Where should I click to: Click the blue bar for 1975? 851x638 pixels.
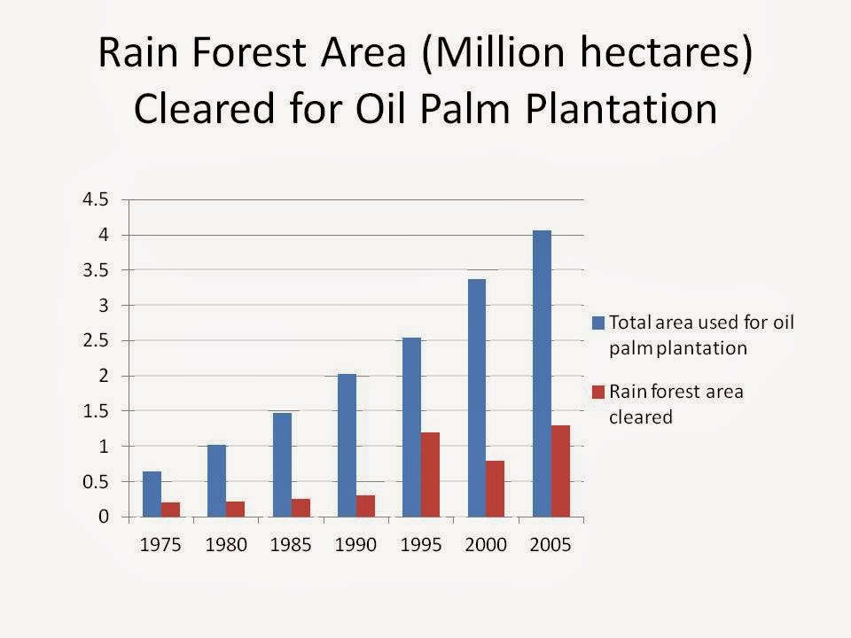(152, 494)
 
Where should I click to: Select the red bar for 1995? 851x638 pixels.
(430, 475)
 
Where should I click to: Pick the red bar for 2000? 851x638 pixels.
(495, 489)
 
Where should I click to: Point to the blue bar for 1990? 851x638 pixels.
(347, 446)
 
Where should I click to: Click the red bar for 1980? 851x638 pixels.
(235, 509)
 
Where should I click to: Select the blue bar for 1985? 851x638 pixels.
(282, 465)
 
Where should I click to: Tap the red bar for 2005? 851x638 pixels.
(560, 471)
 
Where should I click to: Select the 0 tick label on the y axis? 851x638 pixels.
(104, 517)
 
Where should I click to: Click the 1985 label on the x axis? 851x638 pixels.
(292, 545)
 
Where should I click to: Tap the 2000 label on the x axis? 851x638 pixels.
(486, 545)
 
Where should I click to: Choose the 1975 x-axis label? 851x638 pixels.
(162, 545)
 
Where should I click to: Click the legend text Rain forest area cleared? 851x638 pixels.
(675, 404)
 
